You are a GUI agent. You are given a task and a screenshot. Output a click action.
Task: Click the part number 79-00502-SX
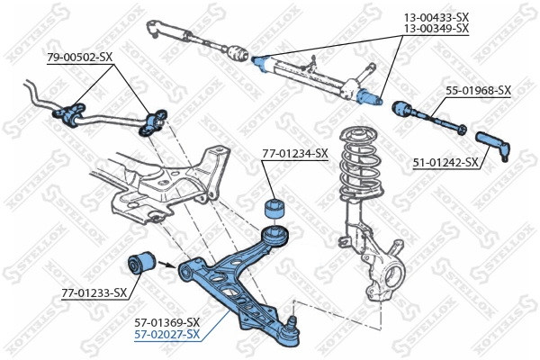tap(79, 58)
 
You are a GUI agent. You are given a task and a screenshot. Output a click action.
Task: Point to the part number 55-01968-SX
tap(478, 90)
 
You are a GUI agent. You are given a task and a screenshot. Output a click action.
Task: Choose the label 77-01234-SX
tap(294, 153)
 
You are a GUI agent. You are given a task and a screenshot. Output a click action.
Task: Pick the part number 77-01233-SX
tap(94, 292)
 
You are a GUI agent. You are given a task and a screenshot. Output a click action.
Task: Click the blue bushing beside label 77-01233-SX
tap(140, 264)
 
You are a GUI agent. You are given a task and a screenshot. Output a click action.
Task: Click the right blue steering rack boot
tap(369, 95)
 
